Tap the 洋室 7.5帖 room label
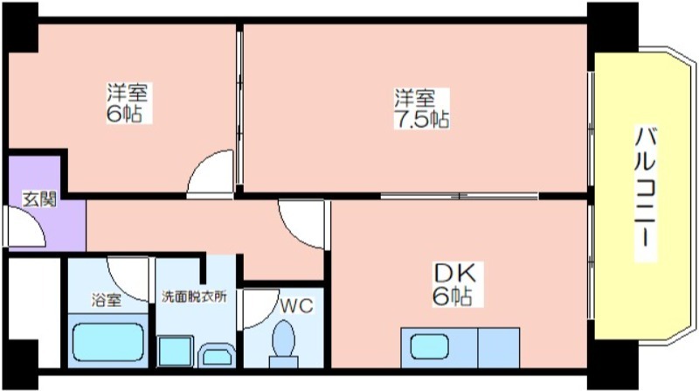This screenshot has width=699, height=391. pos(421,108)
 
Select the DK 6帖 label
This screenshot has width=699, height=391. pos(453,285)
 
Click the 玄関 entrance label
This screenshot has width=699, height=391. pos(39,199)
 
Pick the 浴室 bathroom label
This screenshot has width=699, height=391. pos(106,299)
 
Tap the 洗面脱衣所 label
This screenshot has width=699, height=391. pos(194,297)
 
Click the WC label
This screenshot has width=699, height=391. pos(296,306)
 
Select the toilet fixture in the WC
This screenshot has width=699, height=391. pos(283,344)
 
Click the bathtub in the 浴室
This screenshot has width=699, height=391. pos(107,342)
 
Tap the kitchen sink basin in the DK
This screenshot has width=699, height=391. pos(429,346)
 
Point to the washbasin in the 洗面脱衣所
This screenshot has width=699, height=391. pos(217,355)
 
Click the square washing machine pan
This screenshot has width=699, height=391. pos(176,351)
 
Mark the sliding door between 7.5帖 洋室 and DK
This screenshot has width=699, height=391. pos(460,196)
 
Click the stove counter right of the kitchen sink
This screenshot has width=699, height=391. pos(499,348)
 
